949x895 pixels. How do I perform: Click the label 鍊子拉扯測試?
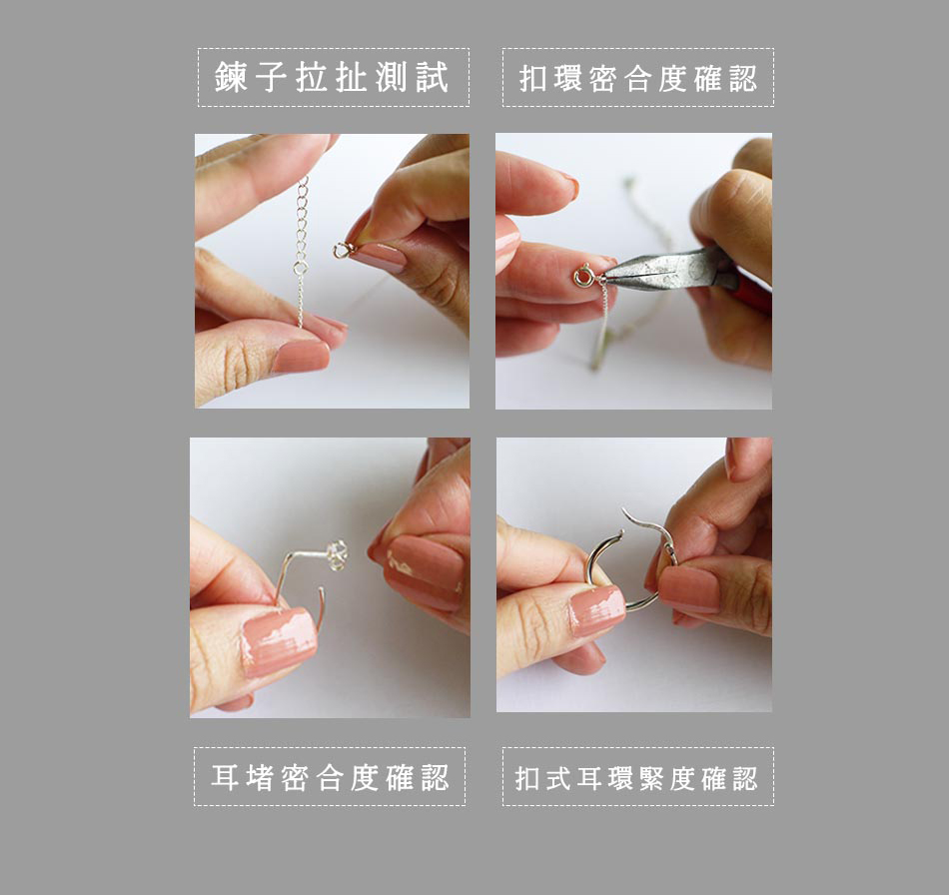(333, 78)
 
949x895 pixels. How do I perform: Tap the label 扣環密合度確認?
(638, 79)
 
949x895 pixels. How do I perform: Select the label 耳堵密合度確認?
(330, 777)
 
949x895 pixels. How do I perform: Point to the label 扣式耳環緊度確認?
(636, 778)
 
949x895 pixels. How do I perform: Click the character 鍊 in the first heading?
(231, 78)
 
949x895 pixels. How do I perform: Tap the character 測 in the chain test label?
(391, 78)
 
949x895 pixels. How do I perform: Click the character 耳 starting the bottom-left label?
(225, 777)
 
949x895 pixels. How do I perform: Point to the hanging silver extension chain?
(301, 251)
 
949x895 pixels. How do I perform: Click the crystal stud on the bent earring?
(337, 553)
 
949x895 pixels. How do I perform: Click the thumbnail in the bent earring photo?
(280, 641)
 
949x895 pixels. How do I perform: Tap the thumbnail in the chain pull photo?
(301, 357)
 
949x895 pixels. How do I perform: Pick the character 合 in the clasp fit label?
(637, 79)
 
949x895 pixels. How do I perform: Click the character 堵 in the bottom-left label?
(261, 777)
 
